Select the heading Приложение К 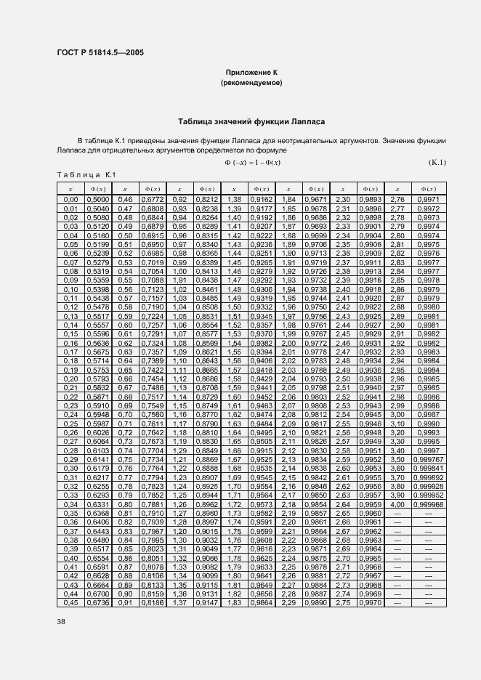[x=251, y=73]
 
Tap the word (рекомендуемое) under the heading [x=251, y=83]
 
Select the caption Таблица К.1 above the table [x=86, y=175]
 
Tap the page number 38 [x=61, y=621]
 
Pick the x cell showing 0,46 [x=126, y=199]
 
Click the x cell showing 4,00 [x=397, y=503]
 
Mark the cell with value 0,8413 [x=207, y=270]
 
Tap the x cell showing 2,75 [x=342, y=602]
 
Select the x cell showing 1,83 [x=234, y=602]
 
